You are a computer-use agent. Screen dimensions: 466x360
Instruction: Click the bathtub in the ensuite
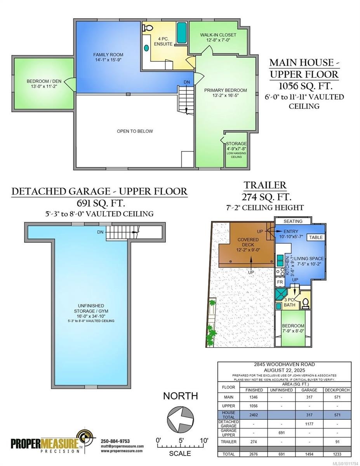[181, 33]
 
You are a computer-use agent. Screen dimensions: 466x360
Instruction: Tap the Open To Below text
[135, 131]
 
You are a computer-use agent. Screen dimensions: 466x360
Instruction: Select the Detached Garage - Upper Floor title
[99, 191]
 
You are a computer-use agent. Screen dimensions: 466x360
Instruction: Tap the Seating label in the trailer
[293, 221]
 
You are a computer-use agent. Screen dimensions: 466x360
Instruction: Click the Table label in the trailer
[315, 237]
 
